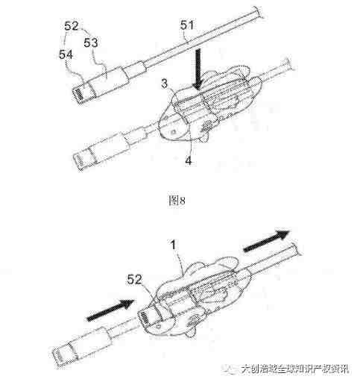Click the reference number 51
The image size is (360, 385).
pos(187,26)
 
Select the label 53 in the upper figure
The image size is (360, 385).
pos(90,43)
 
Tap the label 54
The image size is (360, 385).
pos(66,54)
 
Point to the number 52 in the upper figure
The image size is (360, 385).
pos(72,26)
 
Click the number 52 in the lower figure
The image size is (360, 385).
pos(134,280)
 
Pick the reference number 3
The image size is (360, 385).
pos(165,84)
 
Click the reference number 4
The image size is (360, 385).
pos(189,161)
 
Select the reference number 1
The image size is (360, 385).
pos(173,245)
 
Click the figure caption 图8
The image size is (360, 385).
pos(177,200)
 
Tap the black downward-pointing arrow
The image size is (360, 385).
pos(198,69)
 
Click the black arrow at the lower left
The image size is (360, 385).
pos(110,310)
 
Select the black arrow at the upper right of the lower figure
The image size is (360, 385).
pos(267,241)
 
